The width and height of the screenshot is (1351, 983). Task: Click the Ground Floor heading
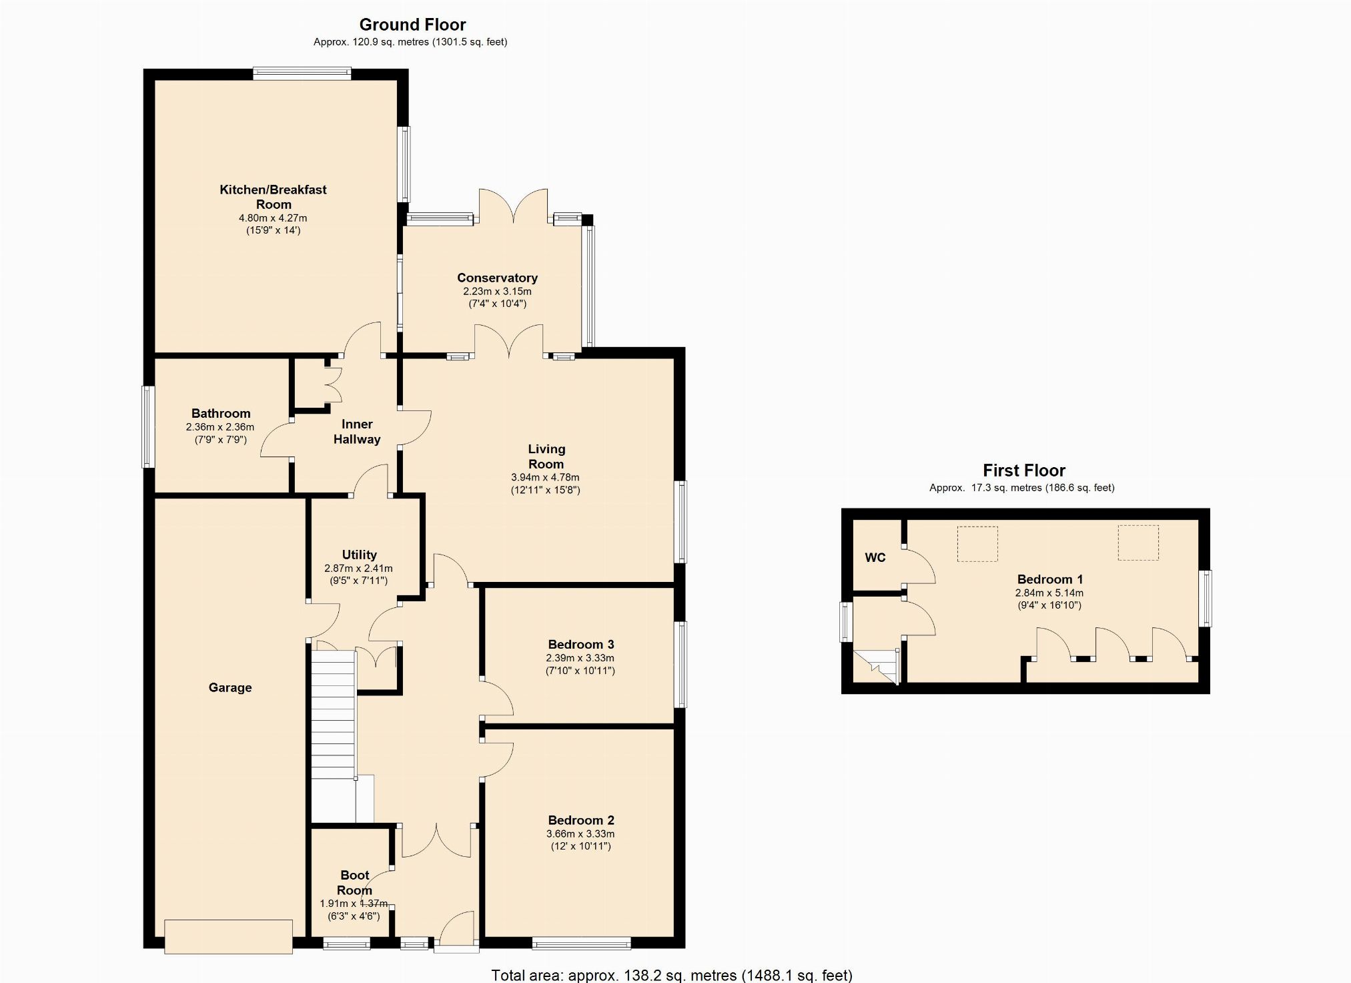(412, 25)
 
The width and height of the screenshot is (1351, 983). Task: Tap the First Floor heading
(1024, 470)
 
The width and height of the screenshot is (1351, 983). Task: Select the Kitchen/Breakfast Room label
(273, 197)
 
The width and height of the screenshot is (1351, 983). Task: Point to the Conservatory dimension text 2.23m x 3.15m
(497, 292)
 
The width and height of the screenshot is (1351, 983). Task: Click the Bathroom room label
(221, 414)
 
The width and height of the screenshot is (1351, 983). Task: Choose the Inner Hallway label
(357, 432)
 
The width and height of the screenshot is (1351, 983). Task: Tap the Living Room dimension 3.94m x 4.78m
(545, 478)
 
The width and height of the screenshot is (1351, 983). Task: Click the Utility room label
(359, 555)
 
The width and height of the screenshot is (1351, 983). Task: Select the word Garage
(230, 688)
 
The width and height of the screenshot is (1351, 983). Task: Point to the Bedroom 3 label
(580, 645)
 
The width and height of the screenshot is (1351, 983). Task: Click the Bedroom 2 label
(580, 821)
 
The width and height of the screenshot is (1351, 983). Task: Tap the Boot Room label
(354, 883)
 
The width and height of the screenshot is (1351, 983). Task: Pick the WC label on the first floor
(875, 558)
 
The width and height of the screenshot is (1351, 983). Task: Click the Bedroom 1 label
(1049, 579)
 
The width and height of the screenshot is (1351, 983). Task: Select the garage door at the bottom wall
(228, 936)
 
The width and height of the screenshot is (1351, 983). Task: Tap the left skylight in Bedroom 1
(977, 543)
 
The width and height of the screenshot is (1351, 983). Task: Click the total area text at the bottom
(672, 975)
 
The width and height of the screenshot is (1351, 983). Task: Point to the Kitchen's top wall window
(302, 73)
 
